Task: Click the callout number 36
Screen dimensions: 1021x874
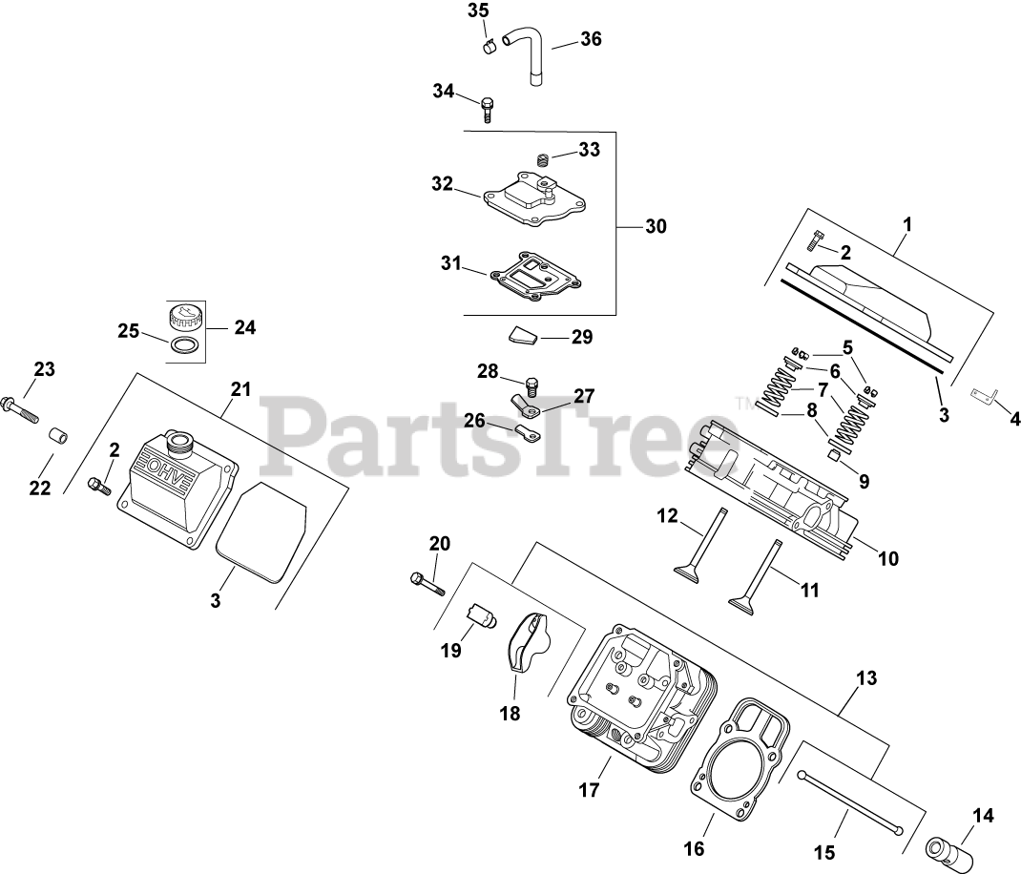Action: pyautogui.click(x=591, y=39)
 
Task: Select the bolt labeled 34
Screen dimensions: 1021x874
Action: pyautogui.click(x=488, y=108)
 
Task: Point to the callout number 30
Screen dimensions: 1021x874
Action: pyautogui.click(x=655, y=226)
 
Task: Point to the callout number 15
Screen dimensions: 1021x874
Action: pyautogui.click(x=824, y=852)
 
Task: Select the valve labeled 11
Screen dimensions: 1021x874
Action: pyautogui.click(x=758, y=573)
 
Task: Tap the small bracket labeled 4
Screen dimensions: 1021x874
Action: pyautogui.click(x=982, y=395)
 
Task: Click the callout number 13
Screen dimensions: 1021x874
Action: pyautogui.click(x=865, y=678)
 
